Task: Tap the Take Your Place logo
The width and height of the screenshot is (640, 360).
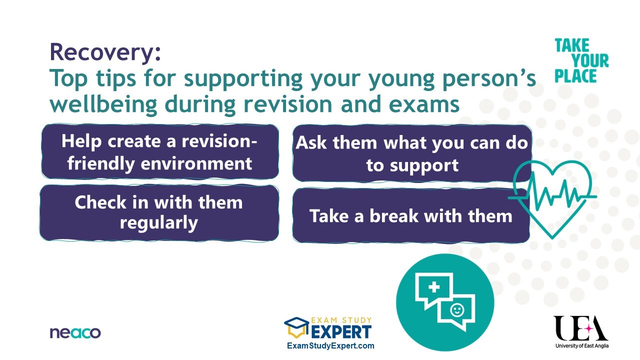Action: click(x=581, y=61)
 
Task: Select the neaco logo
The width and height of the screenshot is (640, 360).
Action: click(x=75, y=333)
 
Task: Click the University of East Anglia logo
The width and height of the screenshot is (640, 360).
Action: click(x=581, y=331)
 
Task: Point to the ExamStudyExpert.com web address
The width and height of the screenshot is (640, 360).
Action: click(x=330, y=345)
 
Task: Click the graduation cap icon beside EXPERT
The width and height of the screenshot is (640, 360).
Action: click(x=296, y=327)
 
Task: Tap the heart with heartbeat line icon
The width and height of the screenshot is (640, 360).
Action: click(x=552, y=199)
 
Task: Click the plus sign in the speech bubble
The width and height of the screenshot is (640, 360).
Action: click(x=434, y=287)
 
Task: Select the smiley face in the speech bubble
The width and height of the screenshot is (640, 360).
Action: click(x=457, y=310)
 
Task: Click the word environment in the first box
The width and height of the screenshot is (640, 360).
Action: click(x=196, y=163)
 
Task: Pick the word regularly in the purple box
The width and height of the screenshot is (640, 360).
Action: click(x=159, y=223)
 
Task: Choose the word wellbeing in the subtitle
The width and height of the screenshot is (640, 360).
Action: click(x=103, y=104)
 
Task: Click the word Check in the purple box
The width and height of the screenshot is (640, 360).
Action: click(x=100, y=202)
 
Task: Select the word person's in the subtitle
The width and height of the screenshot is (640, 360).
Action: click(x=489, y=78)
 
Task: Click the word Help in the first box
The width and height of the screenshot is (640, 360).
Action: click(x=81, y=141)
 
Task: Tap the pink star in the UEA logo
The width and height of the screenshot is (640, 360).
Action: click(x=589, y=329)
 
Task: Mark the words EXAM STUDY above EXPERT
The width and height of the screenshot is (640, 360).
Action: click(x=341, y=320)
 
